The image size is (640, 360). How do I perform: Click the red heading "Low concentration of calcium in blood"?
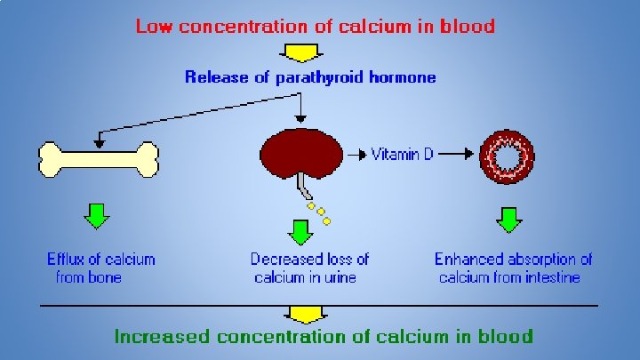click(315, 26)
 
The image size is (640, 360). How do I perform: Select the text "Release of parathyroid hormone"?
click(310, 77)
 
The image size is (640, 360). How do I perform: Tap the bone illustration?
click(99, 160)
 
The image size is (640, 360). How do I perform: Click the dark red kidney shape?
click(302, 153)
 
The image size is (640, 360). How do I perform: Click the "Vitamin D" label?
click(403, 155)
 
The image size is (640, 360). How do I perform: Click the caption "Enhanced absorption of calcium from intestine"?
click(513, 268)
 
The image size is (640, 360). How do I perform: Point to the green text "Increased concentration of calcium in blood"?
click(324, 336)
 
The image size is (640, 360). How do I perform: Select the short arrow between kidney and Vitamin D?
click(356, 155)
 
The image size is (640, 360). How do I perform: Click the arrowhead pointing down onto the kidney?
click(301, 117)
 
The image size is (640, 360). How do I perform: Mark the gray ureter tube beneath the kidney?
click(304, 188)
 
